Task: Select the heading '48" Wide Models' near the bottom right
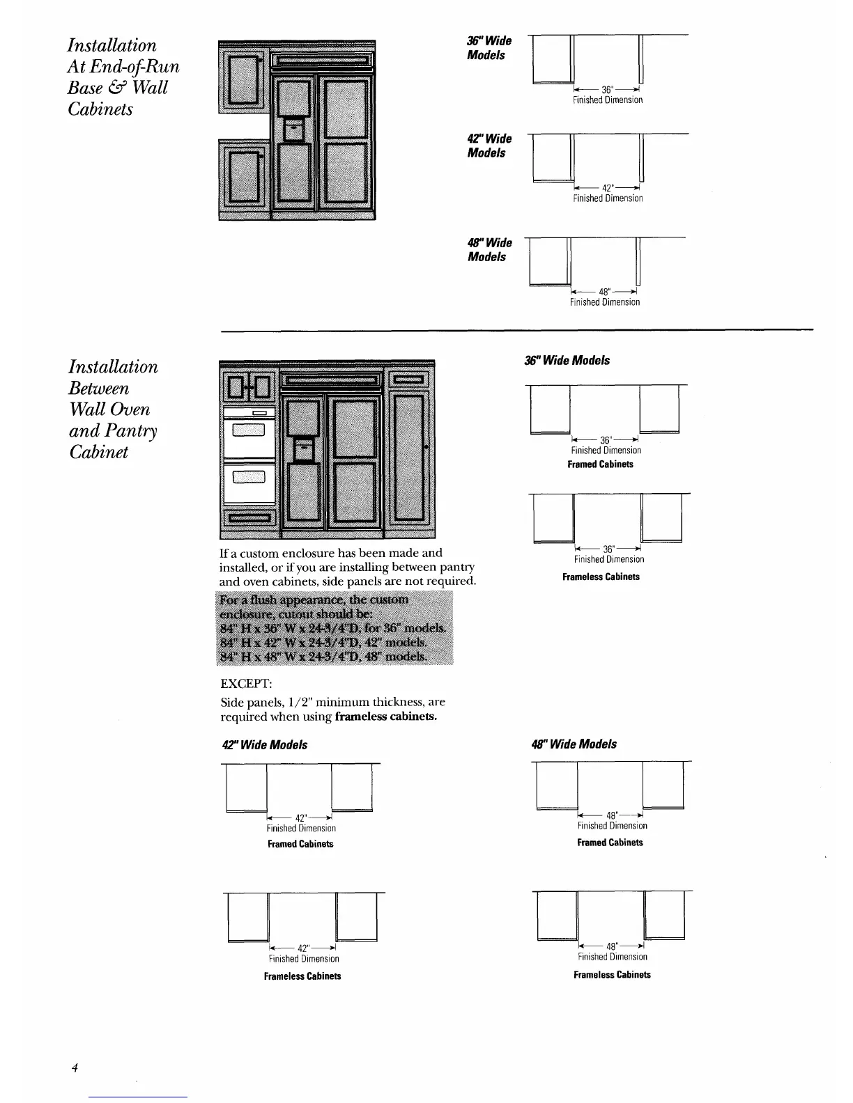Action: click(574, 744)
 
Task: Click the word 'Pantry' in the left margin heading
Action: click(131, 431)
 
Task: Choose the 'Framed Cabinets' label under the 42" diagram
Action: click(300, 844)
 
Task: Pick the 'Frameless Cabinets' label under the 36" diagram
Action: click(601, 577)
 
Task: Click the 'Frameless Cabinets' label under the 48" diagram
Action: click(612, 975)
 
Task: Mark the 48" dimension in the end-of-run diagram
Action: click(604, 291)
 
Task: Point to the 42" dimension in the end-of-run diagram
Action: click(606, 188)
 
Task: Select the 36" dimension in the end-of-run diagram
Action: click(606, 90)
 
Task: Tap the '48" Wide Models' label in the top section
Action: click(489, 250)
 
